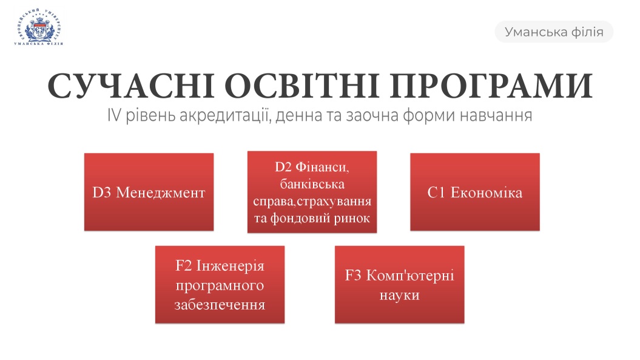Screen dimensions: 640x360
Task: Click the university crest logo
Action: click(39, 27)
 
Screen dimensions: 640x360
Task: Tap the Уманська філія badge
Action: click(554, 32)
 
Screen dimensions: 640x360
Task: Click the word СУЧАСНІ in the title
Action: click(131, 86)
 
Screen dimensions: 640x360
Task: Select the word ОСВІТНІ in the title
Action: click(302, 86)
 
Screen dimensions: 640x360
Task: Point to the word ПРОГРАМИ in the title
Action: click(491, 86)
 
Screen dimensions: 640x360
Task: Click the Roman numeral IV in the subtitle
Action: click(114, 115)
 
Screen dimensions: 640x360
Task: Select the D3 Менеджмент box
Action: click(149, 192)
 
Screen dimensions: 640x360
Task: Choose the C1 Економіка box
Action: click(475, 192)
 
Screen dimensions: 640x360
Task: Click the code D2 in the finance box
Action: click(283, 167)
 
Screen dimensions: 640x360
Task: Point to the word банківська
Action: click(312, 184)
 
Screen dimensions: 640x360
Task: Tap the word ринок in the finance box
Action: click(352, 219)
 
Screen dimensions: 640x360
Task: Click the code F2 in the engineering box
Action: click(184, 266)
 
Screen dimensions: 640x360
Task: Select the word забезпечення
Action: click(220, 305)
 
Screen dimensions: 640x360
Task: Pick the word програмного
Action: click(220, 285)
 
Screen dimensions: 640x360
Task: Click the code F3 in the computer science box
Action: click(353, 276)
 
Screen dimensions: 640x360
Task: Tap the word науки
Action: click(400, 295)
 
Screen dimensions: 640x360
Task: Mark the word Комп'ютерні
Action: click(410, 276)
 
